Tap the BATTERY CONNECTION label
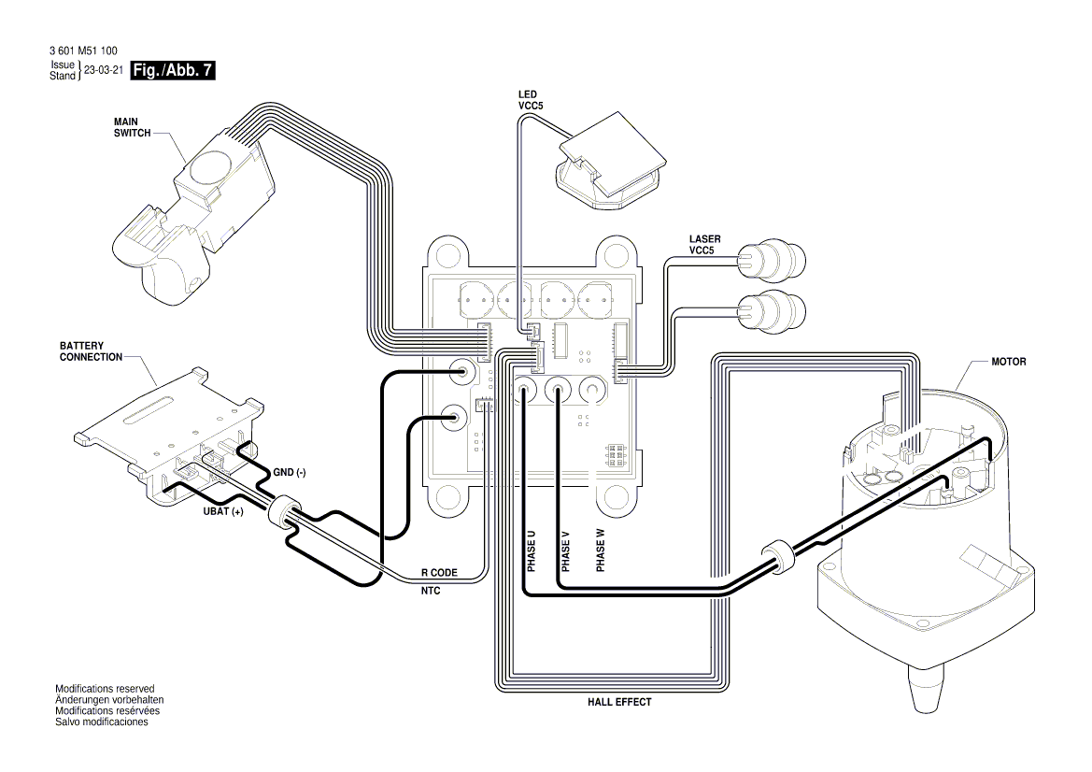(91, 351)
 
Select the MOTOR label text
(1008, 361)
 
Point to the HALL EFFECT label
(619, 701)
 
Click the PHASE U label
(531, 551)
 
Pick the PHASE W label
(600, 551)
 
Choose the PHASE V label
(565, 551)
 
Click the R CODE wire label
(437, 571)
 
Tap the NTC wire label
(431, 592)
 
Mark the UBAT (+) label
(223, 512)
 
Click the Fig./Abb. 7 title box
(175, 71)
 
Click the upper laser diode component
(771, 261)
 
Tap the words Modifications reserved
(105, 689)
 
